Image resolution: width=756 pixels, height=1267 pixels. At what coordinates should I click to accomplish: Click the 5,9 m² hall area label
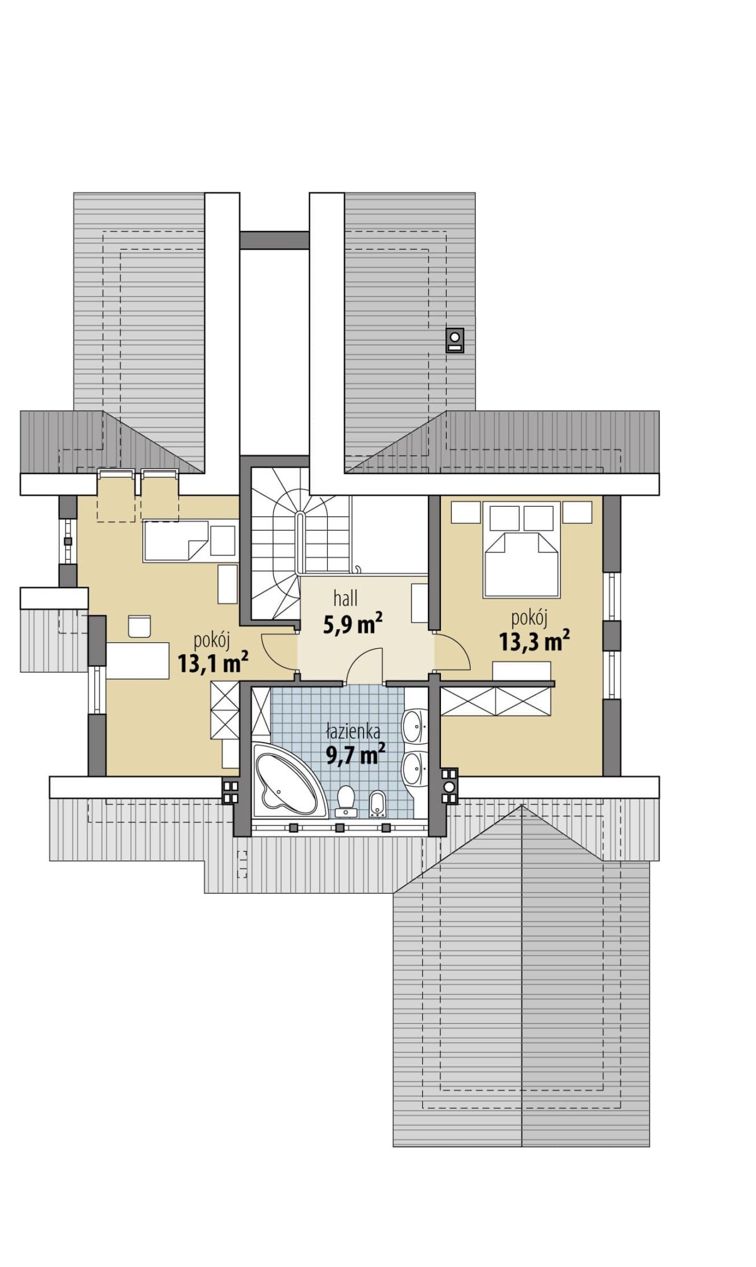353,624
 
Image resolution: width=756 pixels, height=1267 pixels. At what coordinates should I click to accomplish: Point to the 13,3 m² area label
534,641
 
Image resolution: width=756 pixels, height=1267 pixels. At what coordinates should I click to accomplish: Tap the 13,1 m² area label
212,663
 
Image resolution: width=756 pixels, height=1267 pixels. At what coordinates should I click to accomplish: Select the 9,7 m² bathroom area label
355,754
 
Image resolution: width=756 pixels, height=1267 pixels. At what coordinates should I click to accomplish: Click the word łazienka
353,732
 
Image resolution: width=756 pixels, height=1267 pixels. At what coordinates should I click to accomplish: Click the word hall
345,598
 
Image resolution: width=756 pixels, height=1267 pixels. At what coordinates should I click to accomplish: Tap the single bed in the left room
176,541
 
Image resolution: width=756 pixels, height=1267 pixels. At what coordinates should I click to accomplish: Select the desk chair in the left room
140,626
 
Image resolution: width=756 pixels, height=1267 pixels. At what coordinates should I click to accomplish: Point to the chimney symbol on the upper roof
455,340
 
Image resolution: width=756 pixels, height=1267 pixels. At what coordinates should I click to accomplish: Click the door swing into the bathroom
365,666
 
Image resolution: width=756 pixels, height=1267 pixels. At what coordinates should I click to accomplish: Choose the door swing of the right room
452,651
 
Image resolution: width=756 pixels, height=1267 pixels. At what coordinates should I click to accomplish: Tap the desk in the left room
138,661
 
